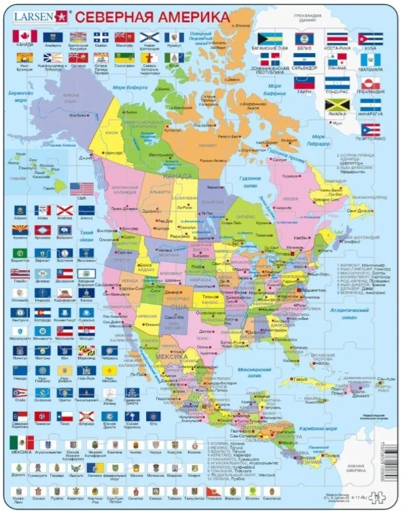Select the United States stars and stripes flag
click(81, 188)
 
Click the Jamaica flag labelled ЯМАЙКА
click(336, 106)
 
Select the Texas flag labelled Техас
click(65, 416)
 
